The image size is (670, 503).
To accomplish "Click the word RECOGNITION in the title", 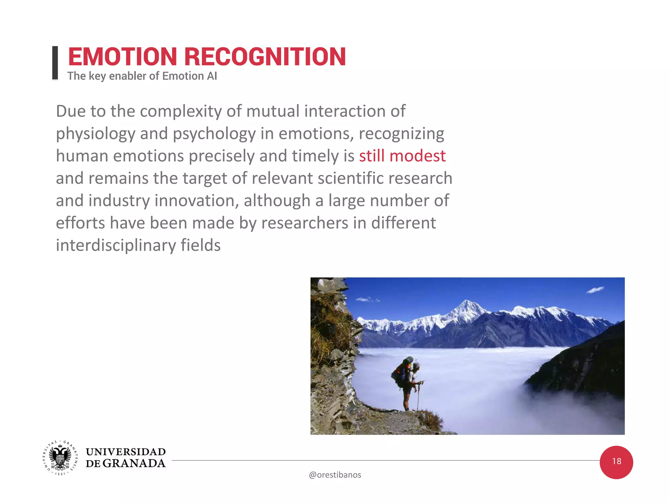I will (265, 57).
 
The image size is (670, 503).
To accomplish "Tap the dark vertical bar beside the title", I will (55, 63).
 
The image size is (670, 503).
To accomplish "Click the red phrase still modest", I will (402, 156).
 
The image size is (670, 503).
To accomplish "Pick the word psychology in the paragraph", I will (214, 134).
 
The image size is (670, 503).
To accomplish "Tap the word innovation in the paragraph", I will (196, 201).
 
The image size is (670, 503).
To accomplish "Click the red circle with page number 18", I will (616, 462).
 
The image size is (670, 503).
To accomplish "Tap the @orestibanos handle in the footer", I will (335, 475).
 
